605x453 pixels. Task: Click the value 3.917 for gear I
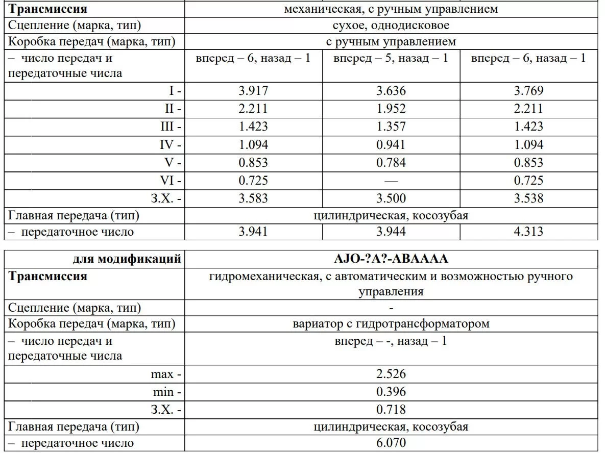click(x=253, y=91)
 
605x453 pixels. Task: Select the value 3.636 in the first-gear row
click(x=391, y=91)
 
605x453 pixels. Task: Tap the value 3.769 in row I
click(x=528, y=91)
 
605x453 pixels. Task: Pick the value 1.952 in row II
click(x=391, y=109)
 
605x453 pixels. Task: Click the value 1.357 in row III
click(x=391, y=127)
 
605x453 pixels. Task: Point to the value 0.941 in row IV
click(x=391, y=144)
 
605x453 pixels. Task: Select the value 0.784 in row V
click(x=391, y=163)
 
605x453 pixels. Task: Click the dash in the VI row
click(x=391, y=181)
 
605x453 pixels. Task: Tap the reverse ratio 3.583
click(x=253, y=198)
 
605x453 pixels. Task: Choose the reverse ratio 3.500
click(x=391, y=198)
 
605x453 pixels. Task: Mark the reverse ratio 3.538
click(x=528, y=198)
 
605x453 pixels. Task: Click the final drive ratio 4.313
click(x=528, y=232)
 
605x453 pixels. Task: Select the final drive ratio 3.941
click(x=253, y=232)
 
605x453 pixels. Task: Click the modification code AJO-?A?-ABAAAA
click(x=391, y=259)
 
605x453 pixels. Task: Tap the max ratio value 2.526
click(x=391, y=374)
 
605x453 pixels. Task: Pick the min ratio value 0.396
click(x=391, y=392)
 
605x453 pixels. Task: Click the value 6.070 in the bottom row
click(x=391, y=443)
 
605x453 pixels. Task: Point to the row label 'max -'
click(x=166, y=374)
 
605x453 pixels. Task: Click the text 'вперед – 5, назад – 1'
click(x=391, y=58)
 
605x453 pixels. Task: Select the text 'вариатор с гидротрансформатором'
click(x=391, y=323)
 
